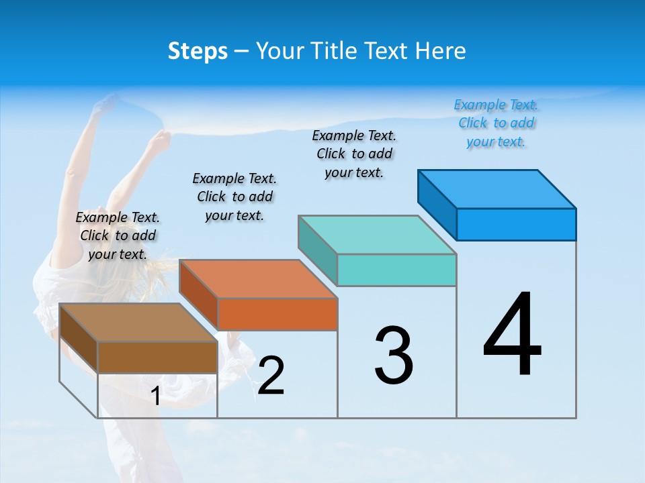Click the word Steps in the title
click(198, 51)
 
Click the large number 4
click(513, 335)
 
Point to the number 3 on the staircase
click(394, 356)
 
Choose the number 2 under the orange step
click(271, 376)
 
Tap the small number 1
click(156, 396)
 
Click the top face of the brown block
click(138, 323)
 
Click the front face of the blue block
click(516, 224)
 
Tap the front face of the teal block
click(396, 270)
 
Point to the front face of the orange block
click(277, 314)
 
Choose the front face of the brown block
click(158, 357)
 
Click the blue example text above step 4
click(496, 123)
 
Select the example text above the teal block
click(355, 154)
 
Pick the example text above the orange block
click(234, 197)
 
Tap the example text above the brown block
click(118, 235)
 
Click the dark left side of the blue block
click(437, 204)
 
